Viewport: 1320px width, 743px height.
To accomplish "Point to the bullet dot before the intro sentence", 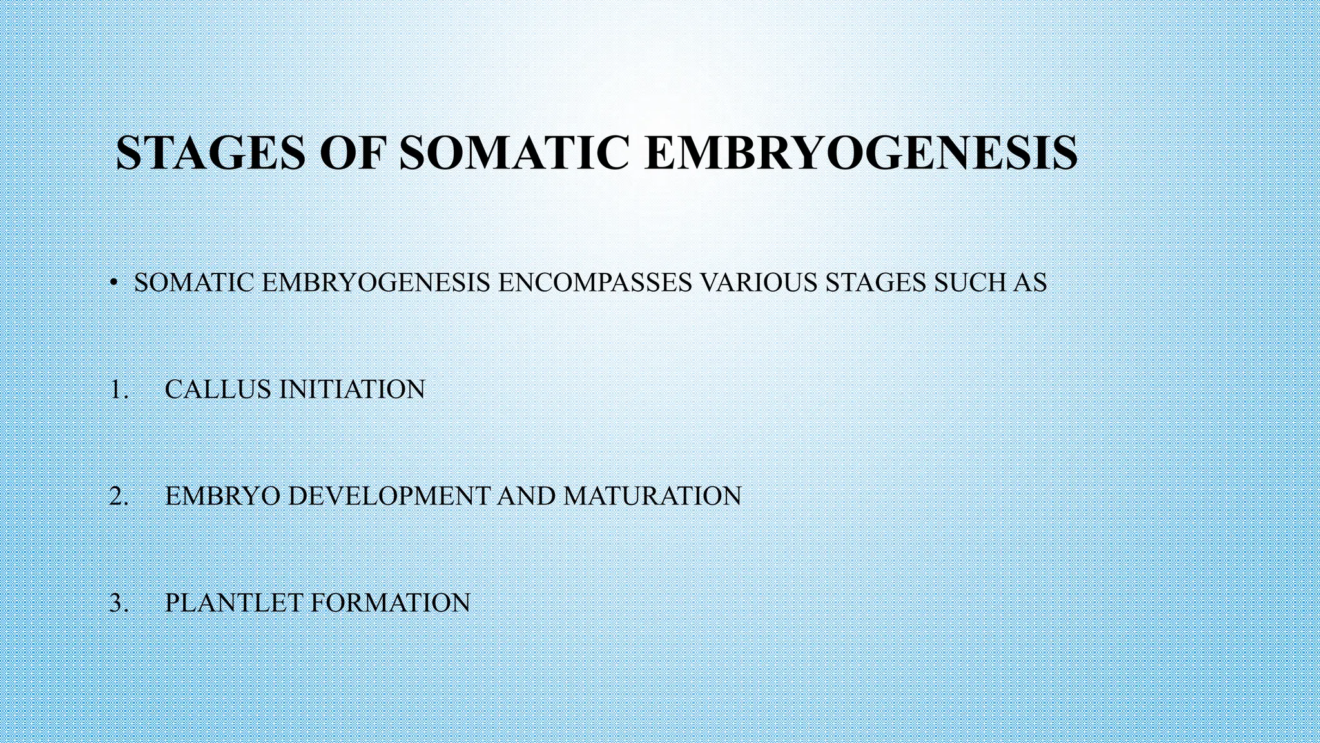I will (x=113, y=282).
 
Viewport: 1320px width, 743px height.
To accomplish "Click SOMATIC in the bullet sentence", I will (x=194, y=282).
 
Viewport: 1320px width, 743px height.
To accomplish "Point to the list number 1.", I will (x=119, y=390).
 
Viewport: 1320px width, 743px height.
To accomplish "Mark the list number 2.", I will (x=119, y=496).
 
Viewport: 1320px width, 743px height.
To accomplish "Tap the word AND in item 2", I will (x=527, y=496).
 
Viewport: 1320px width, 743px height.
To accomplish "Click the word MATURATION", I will (x=652, y=496).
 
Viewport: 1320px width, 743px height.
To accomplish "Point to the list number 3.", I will (x=119, y=603).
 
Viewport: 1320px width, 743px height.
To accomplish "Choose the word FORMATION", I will (x=391, y=603).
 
